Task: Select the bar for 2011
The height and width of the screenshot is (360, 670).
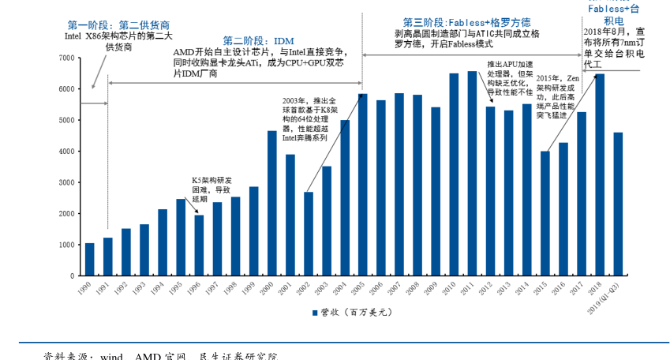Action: point(472,174)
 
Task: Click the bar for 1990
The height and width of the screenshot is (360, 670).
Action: point(89,260)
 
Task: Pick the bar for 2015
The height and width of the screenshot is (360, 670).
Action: point(545,213)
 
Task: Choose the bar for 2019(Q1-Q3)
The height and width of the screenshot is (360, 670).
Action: point(617,204)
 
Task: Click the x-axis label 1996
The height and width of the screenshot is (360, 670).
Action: point(196,288)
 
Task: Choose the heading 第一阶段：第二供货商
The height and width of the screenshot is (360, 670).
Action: point(118,25)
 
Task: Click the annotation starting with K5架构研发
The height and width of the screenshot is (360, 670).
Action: point(211,189)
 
